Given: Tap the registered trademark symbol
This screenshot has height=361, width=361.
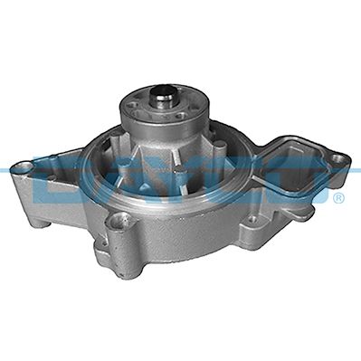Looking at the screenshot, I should tap(337, 196).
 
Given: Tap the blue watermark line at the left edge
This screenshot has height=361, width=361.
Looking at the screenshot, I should tap(9, 168).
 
